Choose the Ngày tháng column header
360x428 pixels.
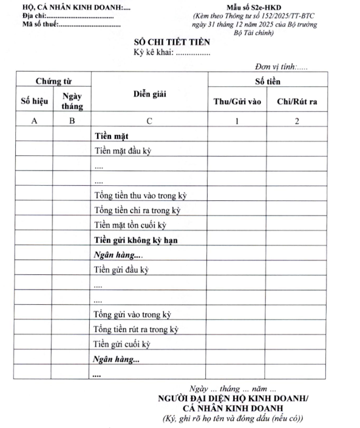coord(72,101)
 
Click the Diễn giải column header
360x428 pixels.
coord(149,93)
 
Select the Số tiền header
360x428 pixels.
coord(267,81)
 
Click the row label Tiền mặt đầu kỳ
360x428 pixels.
coord(122,151)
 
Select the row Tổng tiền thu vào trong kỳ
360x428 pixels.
coord(140,195)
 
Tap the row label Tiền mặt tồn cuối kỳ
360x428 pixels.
coord(130,225)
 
